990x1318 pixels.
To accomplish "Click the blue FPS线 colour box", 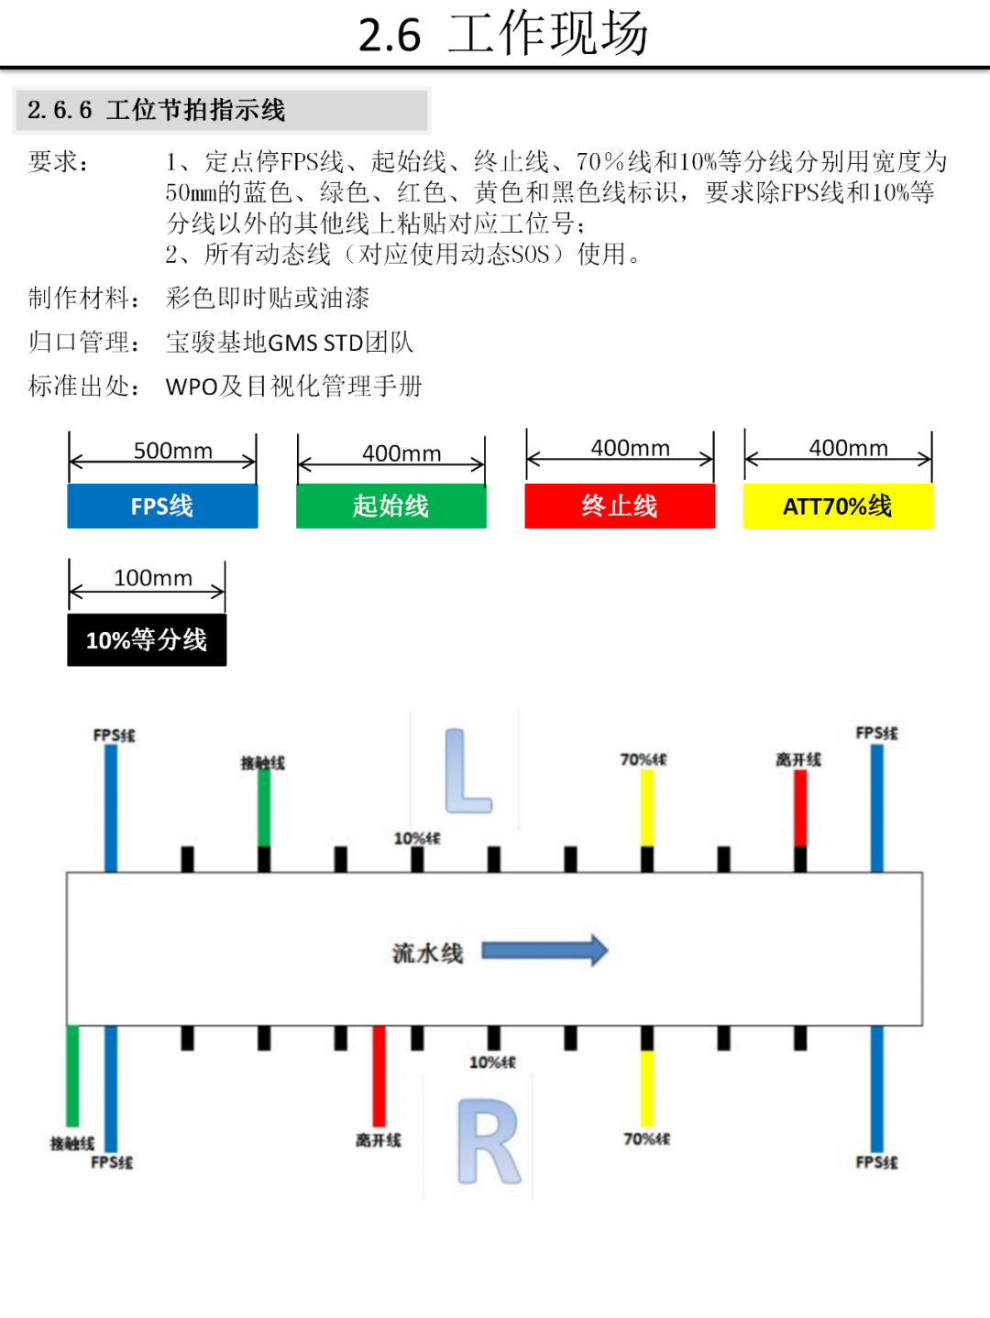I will [162, 506].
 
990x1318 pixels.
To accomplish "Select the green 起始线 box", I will [390, 506].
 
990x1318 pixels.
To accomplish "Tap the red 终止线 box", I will [620, 506].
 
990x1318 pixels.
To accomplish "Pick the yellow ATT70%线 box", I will [838, 506].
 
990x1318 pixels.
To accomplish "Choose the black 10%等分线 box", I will [147, 639].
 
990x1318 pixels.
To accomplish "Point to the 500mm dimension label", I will [172, 451].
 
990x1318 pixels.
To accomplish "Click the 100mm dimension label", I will [153, 578].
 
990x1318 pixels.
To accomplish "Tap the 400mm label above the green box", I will [401, 453].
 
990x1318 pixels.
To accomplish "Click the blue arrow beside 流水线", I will [544, 951].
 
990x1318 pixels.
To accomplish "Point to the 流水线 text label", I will [427, 953].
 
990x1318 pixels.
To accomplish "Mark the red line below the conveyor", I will [379, 1076].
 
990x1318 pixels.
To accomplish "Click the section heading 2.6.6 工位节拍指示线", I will [157, 111].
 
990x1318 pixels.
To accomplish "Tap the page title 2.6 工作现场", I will [502, 35].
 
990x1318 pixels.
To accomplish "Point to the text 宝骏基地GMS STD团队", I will [290, 343].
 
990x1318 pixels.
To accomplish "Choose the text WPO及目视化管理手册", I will [293, 387].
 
